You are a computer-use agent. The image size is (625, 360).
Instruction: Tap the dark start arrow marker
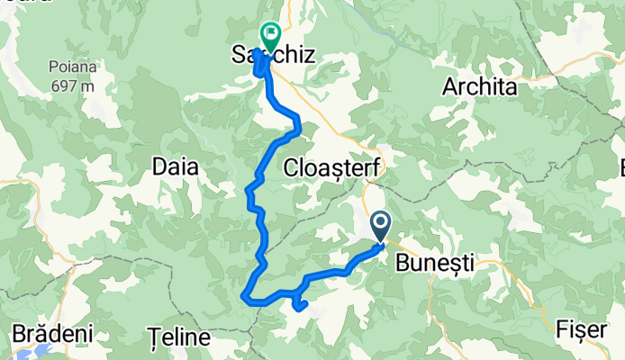(380, 225)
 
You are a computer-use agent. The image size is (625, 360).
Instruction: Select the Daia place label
(177, 167)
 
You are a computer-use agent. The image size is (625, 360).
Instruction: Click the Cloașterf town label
(332, 167)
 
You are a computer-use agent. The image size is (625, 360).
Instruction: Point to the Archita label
(480, 88)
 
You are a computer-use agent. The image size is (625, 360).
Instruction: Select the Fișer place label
(581, 330)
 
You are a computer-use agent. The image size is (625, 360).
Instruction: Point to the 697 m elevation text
(73, 86)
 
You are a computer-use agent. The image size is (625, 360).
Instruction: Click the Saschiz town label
(274, 56)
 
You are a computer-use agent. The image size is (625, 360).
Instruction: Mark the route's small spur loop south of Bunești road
(299, 306)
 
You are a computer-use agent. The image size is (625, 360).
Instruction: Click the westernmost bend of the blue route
(245, 293)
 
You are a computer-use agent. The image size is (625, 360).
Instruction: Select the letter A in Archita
(448, 88)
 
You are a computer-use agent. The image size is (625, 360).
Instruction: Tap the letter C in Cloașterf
(290, 167)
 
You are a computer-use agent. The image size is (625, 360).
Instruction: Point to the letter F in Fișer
(563, 330)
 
